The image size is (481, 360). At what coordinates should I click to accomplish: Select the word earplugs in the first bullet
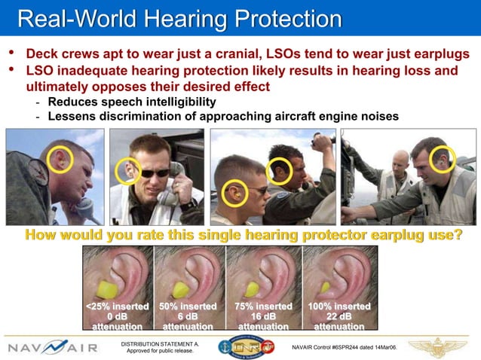click(x=436, y=55)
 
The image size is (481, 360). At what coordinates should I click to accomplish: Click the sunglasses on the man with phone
click(x=155, y=172)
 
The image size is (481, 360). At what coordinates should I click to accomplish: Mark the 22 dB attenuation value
click(x=339, y=317)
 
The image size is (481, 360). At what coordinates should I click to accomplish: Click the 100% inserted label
click(x=339, y=307)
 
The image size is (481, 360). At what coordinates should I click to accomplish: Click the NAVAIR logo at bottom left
click(x=52, y=348)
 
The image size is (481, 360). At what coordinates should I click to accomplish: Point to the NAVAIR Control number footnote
click(x=348, y=348)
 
